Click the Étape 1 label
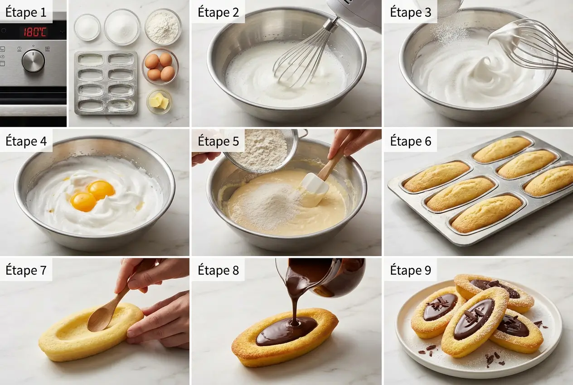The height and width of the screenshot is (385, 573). [x=26, y=12]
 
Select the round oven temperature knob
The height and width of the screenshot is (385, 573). [x=34, y=61]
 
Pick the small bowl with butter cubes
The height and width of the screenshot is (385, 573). [x=159, y=101]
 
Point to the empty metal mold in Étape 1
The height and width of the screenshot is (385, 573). [x=106, y=83]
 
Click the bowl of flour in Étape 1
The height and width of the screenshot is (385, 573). [x=163, y=26]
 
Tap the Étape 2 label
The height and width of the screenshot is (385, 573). [x=218, y=12]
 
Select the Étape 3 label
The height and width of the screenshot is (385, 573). [x=411, y=12]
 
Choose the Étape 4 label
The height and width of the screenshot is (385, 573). [x=26, y=141]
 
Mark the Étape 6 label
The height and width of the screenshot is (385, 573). [x=411, y=141]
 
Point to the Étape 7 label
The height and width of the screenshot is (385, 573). [x=26, y=270]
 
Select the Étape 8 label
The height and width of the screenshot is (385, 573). [x=218, y=270]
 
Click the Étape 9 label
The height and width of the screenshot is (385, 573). [x=411, y=270]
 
